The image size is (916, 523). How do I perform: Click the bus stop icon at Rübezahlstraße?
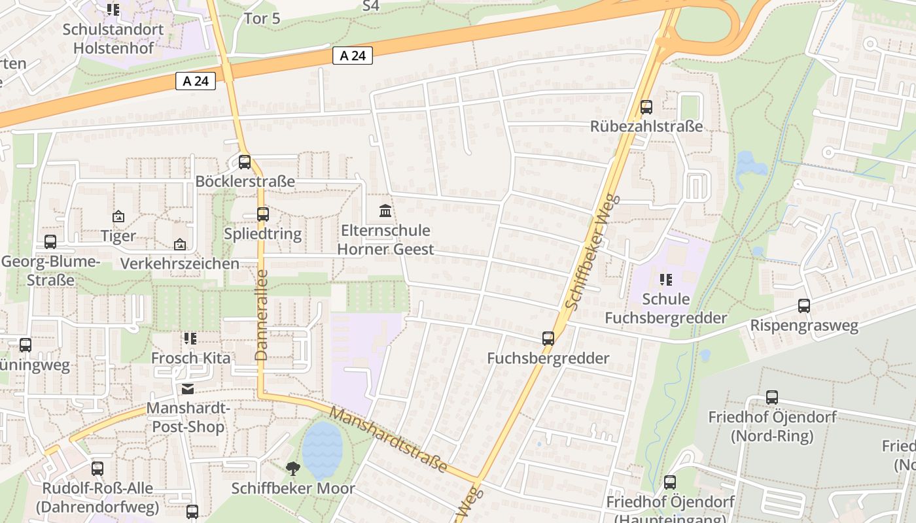click(x=646, y=107)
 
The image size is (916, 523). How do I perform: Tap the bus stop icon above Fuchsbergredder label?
click(x=548, y=338)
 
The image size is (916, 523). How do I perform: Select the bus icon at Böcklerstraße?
click(x=245, y=161)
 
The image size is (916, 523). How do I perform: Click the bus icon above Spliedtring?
click(x=263, y=214)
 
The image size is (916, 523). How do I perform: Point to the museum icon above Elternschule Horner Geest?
click(x=385, y=211)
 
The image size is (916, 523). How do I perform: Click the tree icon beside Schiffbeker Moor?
click(x=293, y=467)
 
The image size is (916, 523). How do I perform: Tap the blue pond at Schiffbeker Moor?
click(x=322, y=450)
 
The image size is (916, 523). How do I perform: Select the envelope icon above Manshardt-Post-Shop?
click(x=188, y=389)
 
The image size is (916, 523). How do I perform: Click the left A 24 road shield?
click(x=196, y=81)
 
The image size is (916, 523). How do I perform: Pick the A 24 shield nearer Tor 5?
click(x=353, y=56)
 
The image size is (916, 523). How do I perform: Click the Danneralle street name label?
click(x=262, y=315)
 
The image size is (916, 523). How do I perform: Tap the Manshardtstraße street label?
click(x=389, y=440)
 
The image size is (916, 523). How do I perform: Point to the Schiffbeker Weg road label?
click(x=591, y=251)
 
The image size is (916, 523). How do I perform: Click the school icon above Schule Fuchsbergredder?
click(x=666, y=280)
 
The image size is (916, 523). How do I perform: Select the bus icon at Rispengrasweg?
click(x=804, y=305)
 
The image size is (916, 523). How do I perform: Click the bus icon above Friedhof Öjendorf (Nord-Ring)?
click(x=772, y=397)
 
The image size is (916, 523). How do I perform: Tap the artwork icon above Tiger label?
click(x=118, y=216)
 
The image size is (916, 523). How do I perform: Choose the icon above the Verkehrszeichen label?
click(x=180, y=245)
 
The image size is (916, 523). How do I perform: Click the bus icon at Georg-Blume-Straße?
click(x=50, y=241)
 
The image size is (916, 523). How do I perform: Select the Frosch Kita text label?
click(x=191, y=358)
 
